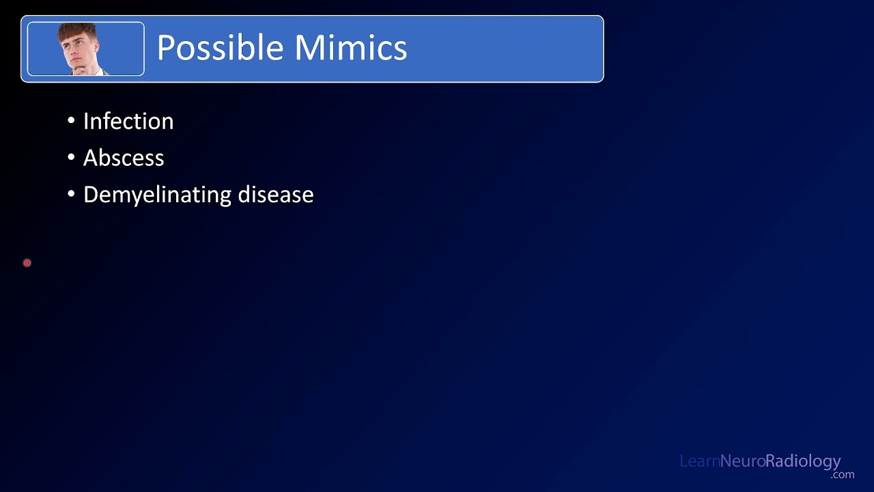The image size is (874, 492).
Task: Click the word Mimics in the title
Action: point(351,49)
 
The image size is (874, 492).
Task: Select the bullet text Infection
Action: point(128,122)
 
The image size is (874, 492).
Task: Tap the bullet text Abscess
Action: point(124,158)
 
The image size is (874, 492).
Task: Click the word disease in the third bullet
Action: point(276,195)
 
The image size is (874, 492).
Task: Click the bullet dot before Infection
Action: point(72,122)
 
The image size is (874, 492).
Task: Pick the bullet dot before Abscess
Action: point(72,158)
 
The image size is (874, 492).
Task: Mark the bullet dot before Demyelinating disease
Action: point(72,195)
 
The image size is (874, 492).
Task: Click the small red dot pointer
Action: point(27,262)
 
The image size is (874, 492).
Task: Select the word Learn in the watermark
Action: point(699,461)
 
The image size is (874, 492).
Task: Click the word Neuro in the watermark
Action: point(742,461)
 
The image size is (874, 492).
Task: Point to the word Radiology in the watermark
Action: point(803,462)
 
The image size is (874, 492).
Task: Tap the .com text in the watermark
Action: point(843,474)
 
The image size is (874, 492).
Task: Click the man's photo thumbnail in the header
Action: point(85,49)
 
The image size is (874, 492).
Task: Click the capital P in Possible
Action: point(166,49)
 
